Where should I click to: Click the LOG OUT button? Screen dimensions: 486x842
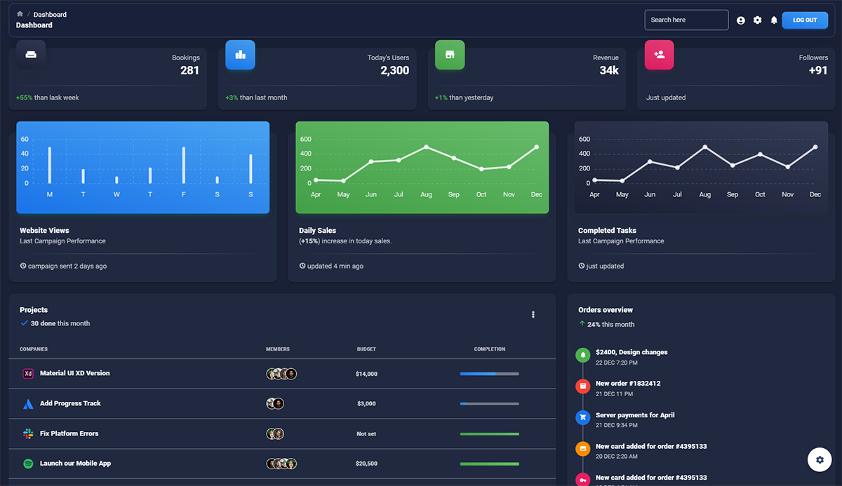point(805,20)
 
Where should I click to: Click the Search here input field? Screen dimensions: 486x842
point(686,20)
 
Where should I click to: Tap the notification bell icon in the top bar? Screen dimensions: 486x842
point(774,20)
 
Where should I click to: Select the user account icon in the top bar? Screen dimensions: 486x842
point(741,20)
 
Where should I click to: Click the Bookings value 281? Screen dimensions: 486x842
point(189,70)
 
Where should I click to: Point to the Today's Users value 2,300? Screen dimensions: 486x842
point(394,70)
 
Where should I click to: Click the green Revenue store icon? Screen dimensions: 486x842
point(450,55)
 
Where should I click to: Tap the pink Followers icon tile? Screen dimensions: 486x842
point(659,55)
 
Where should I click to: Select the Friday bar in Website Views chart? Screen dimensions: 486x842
point(184,166)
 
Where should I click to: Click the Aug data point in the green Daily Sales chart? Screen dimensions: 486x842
point(426,147)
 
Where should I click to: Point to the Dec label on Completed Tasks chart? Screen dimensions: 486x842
point(815,194)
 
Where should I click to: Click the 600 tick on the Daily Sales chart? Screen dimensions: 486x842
point(305,139)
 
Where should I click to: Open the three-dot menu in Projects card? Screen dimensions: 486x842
point(533,315)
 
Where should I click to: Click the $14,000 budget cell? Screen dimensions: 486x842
point(366,374)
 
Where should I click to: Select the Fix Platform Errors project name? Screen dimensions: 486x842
point(69,433)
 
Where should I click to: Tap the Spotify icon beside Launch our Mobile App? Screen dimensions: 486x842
point(28,464)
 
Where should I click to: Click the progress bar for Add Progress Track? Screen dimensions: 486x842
point(489,404)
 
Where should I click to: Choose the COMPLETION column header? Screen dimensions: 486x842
point(489,349)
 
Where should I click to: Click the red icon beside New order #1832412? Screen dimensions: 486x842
point(582,386)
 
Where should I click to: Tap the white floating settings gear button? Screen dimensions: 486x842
point(820,460)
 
